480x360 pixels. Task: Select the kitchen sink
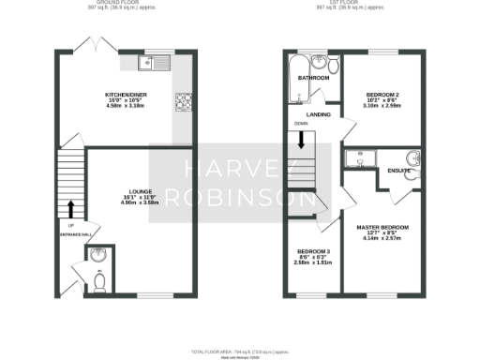[x=151, y=64]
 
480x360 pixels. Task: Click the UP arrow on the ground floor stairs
[x=71, y=208]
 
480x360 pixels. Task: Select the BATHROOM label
[x=313, y=79]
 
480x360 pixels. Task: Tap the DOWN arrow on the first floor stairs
[x=301, y=141]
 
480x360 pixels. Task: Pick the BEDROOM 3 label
[x=313, y=251]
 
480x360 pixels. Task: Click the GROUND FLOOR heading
[x=121, y=3]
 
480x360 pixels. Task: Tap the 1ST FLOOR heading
[x=357, y=3]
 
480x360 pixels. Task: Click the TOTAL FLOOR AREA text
[x=239, y=351]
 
